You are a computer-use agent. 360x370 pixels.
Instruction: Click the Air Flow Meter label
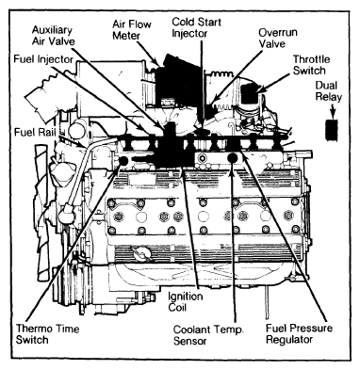pyautogui.click(x=131, y=30)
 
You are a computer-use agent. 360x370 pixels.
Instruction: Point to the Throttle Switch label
pyautogui.click(x=311, y=65)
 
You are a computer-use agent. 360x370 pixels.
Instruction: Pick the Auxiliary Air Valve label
pyautogui.click(x=54, y=36)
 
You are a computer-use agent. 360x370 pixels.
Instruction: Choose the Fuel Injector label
pyautogui.click(x=43, y=59)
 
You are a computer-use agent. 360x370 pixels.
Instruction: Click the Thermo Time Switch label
pyautogui.click(x=47, y=334)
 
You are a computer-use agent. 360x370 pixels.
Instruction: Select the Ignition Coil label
pyautogui.click(x=186, y=301)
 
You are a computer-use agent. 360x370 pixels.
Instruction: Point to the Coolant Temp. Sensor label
pyautogui.click(x=208, y=335)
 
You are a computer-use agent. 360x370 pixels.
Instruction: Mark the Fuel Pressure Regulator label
pyautogui.click(x=299, y=334)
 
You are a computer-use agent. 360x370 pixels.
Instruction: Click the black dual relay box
pyautogui.click(x=331, y=130)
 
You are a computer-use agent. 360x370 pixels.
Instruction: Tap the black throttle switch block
pyautogui.click(x=250, y=93)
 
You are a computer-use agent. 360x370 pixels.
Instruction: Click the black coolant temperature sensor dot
pyautogui.click(x=232, y=158)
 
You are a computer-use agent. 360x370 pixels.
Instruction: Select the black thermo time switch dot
pyautogui.click(x=123, y=161)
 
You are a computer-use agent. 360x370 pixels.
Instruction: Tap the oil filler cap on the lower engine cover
pyautogui.click(x=141, y=252)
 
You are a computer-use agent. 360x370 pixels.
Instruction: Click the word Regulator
pyautogui.click(x=289, y=340)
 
